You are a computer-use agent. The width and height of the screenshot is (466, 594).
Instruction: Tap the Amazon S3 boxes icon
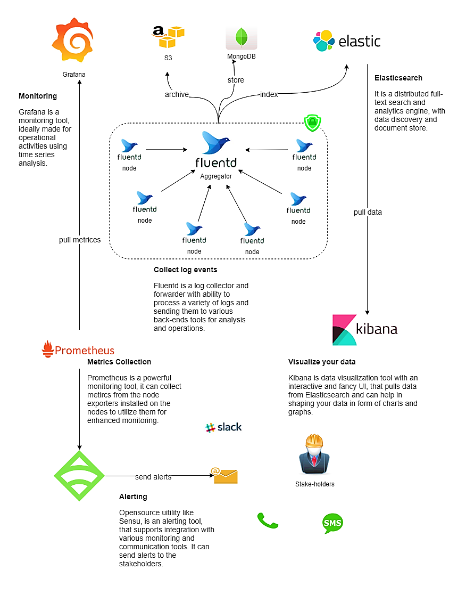pyautogui.click(x=168, y=38)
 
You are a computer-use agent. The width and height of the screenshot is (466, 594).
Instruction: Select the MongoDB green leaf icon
pyautogui.click(x=242, y=38)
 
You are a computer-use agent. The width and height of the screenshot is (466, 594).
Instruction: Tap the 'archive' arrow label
pyautogui.click(x=177, y=94)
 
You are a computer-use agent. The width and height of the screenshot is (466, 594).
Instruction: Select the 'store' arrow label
pyautogui.click(x=236, y=80)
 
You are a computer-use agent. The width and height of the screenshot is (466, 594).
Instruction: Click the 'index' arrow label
pyautogui.click(x=269, y=94)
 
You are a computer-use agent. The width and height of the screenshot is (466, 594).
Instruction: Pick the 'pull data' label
pyautogui.click(x=368, y=212)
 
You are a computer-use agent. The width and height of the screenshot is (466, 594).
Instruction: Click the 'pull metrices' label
pyautogui.click(x=80, y=240)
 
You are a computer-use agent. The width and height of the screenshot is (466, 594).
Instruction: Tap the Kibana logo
pyautogui.click(x=365, y=329)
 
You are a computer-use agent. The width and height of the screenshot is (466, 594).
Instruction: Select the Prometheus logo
pyautogui.click(x=78, y=349)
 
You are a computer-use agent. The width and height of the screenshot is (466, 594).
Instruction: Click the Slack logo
pyautogui.click(x=223, y=427)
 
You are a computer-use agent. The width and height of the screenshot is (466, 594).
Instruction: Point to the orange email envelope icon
pyautogui.click(x=226, y=475)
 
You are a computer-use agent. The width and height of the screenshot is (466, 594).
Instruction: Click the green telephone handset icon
pyautogui.click(x=268, y=520)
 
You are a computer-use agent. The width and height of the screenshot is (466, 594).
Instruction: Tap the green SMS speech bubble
pyautogui.click(x=333, y=523)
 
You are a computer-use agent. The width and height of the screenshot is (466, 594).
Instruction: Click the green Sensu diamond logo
pyautogui.click(x=79, y=475)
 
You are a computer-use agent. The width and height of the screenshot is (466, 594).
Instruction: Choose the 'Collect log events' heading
pyautogui.click(x=185, y=270)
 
